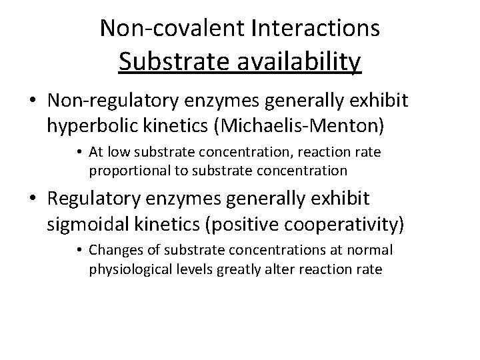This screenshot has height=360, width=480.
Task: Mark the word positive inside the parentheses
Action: pyautogui.click(x=246, y=222)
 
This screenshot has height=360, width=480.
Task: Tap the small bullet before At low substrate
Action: pyautogui.click(x=79, y=153)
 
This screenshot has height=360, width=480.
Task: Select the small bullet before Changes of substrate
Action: pyautogui.click(x=79, y=251)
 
